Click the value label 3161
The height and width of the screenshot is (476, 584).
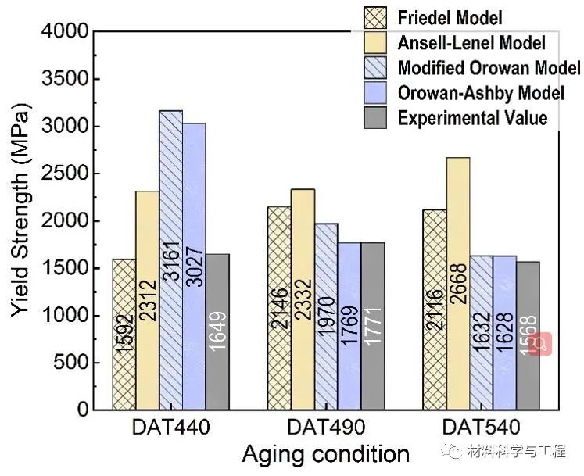[x=171, y=267]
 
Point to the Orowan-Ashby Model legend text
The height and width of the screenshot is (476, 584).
[x=480, y=93]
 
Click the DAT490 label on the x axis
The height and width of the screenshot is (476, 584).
[x=325, y=428]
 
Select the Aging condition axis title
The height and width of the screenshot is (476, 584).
[x=324, y=454]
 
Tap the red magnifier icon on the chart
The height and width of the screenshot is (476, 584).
[x=540, y=343]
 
